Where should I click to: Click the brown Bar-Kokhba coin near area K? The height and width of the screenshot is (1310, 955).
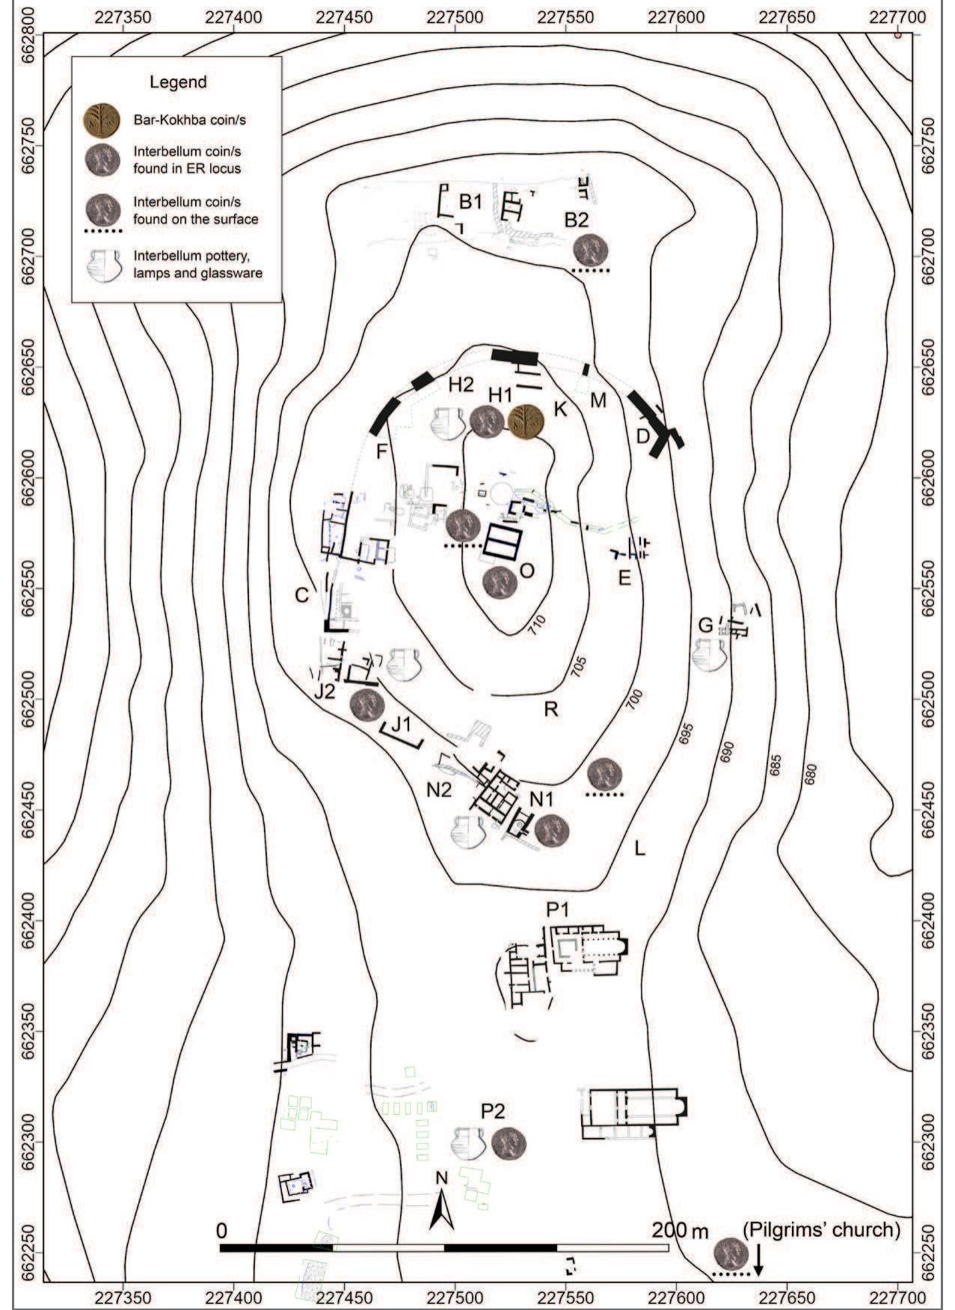click(x=526, y=422)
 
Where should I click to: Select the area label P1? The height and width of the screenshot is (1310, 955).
click(x=559, y=910)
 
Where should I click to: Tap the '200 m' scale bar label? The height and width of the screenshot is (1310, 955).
click(x=681, y=1229)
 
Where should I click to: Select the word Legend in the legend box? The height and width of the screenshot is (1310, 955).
click(x=178, y=82)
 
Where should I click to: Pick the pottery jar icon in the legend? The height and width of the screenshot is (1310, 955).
click(x=103, y=265)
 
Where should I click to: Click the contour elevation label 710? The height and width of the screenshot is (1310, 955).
click(x=538, y=620)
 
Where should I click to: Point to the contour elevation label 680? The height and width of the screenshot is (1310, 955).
click(x=811, y=772)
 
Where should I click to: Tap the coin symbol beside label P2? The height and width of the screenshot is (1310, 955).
click(x=509, y=1145)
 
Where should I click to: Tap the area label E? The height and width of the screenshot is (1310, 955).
click(x=624, y=577)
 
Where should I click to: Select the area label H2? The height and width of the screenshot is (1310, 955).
click(x=461, y=384)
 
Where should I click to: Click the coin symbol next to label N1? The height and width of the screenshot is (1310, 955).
click(x=552, y=828)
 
